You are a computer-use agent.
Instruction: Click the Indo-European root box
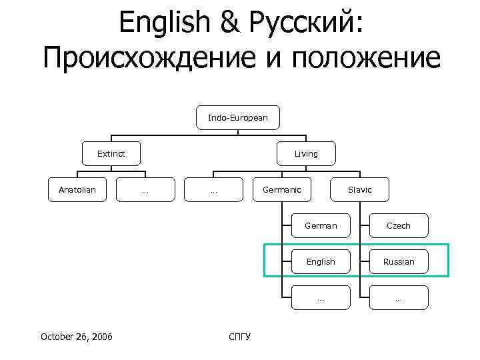(x=238, y=118)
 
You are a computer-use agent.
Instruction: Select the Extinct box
(x=111, y=154)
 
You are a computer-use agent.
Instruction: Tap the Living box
(x=306, y=154)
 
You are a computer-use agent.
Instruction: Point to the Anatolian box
(x=77, y=190)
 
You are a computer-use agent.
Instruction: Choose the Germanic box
(x=281, y=190)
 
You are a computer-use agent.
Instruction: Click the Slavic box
(x=360, y=190)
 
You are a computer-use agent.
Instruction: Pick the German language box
(x=321, y=226)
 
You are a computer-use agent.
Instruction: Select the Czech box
(x=399, y=226)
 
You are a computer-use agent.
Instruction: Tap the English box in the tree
(x=321, y=262)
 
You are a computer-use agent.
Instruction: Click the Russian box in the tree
(x=399, y=262)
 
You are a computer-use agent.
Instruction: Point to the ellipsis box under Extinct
(x=145, y=190)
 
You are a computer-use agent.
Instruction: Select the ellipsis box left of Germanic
(x=213, y=190)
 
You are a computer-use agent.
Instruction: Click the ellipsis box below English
(x=321, y=298)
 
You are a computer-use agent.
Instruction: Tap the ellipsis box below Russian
(x=399, y=298)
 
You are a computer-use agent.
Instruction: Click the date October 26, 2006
(x=77, y=336)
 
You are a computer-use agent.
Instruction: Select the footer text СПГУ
(x=239, y=336)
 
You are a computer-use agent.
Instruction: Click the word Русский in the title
(x=303, y=25)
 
